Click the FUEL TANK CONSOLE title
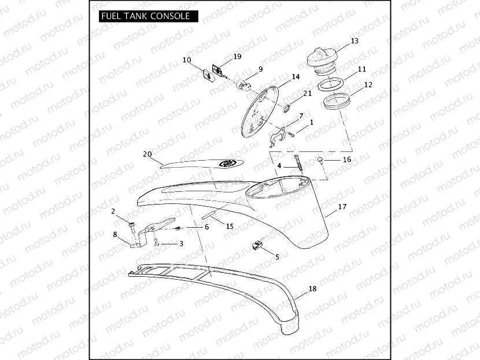(145, 16)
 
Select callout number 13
(355, 41)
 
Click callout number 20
(147, 154)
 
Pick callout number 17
(342, 206)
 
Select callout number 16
(347, 159)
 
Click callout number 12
(368, 84)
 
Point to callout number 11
(362, 69)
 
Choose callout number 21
(308, 93)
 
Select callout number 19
(237, 57)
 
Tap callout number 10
(187, 60)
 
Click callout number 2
(113, 211)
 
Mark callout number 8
(115, 235)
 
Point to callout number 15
(230, 226)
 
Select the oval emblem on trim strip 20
(228, 164)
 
